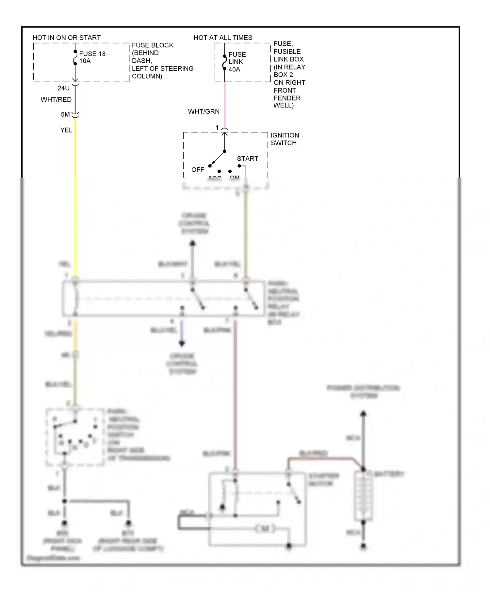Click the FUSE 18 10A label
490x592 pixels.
(92, 57)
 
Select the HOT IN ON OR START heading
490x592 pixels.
(66, 38)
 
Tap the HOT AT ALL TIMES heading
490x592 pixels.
(223, 38)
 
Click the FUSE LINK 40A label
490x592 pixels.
(237, 62)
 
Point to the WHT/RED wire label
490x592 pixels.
(56, 100)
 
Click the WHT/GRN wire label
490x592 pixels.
(204, 111)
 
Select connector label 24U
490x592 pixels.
(63, 88)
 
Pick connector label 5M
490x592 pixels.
(65, 114)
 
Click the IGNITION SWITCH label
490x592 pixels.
(284, 139)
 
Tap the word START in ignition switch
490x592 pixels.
(247, 159)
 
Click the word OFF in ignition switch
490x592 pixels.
(197, 170)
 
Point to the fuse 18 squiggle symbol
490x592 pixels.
(75, 57)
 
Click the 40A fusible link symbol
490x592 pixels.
(224, 62)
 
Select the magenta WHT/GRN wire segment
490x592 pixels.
(225, 104)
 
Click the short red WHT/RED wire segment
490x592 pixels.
(75, 100)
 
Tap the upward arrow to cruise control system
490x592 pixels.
(193, 243)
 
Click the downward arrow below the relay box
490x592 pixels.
(182, 343)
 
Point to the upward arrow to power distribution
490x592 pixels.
(363, 414)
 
